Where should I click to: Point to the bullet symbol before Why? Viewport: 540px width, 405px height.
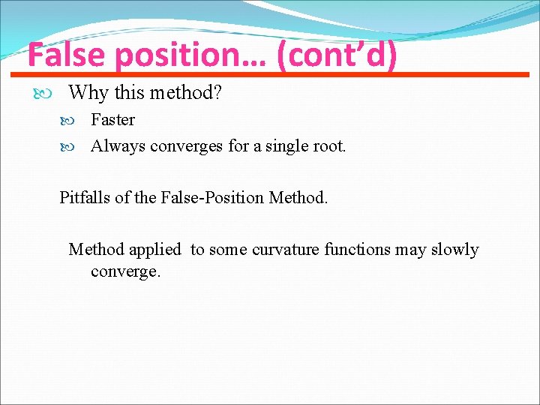click(x=42, y=94)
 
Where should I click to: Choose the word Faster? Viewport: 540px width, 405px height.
click(x=112, y=120)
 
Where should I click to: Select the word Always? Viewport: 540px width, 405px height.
click(x=118, y=146)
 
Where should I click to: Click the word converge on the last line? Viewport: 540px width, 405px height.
click(x=124, y=271)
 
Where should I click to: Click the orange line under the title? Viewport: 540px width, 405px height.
click(x=270, y=75)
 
